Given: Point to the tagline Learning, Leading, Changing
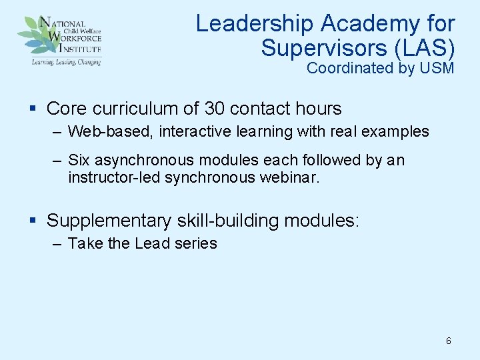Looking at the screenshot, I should (x=65, y=61).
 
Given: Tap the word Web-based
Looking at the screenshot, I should (x=111, y=131).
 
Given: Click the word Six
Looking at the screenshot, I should (x=79, y=161).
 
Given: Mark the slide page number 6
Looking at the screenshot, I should (x=448, y=341).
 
